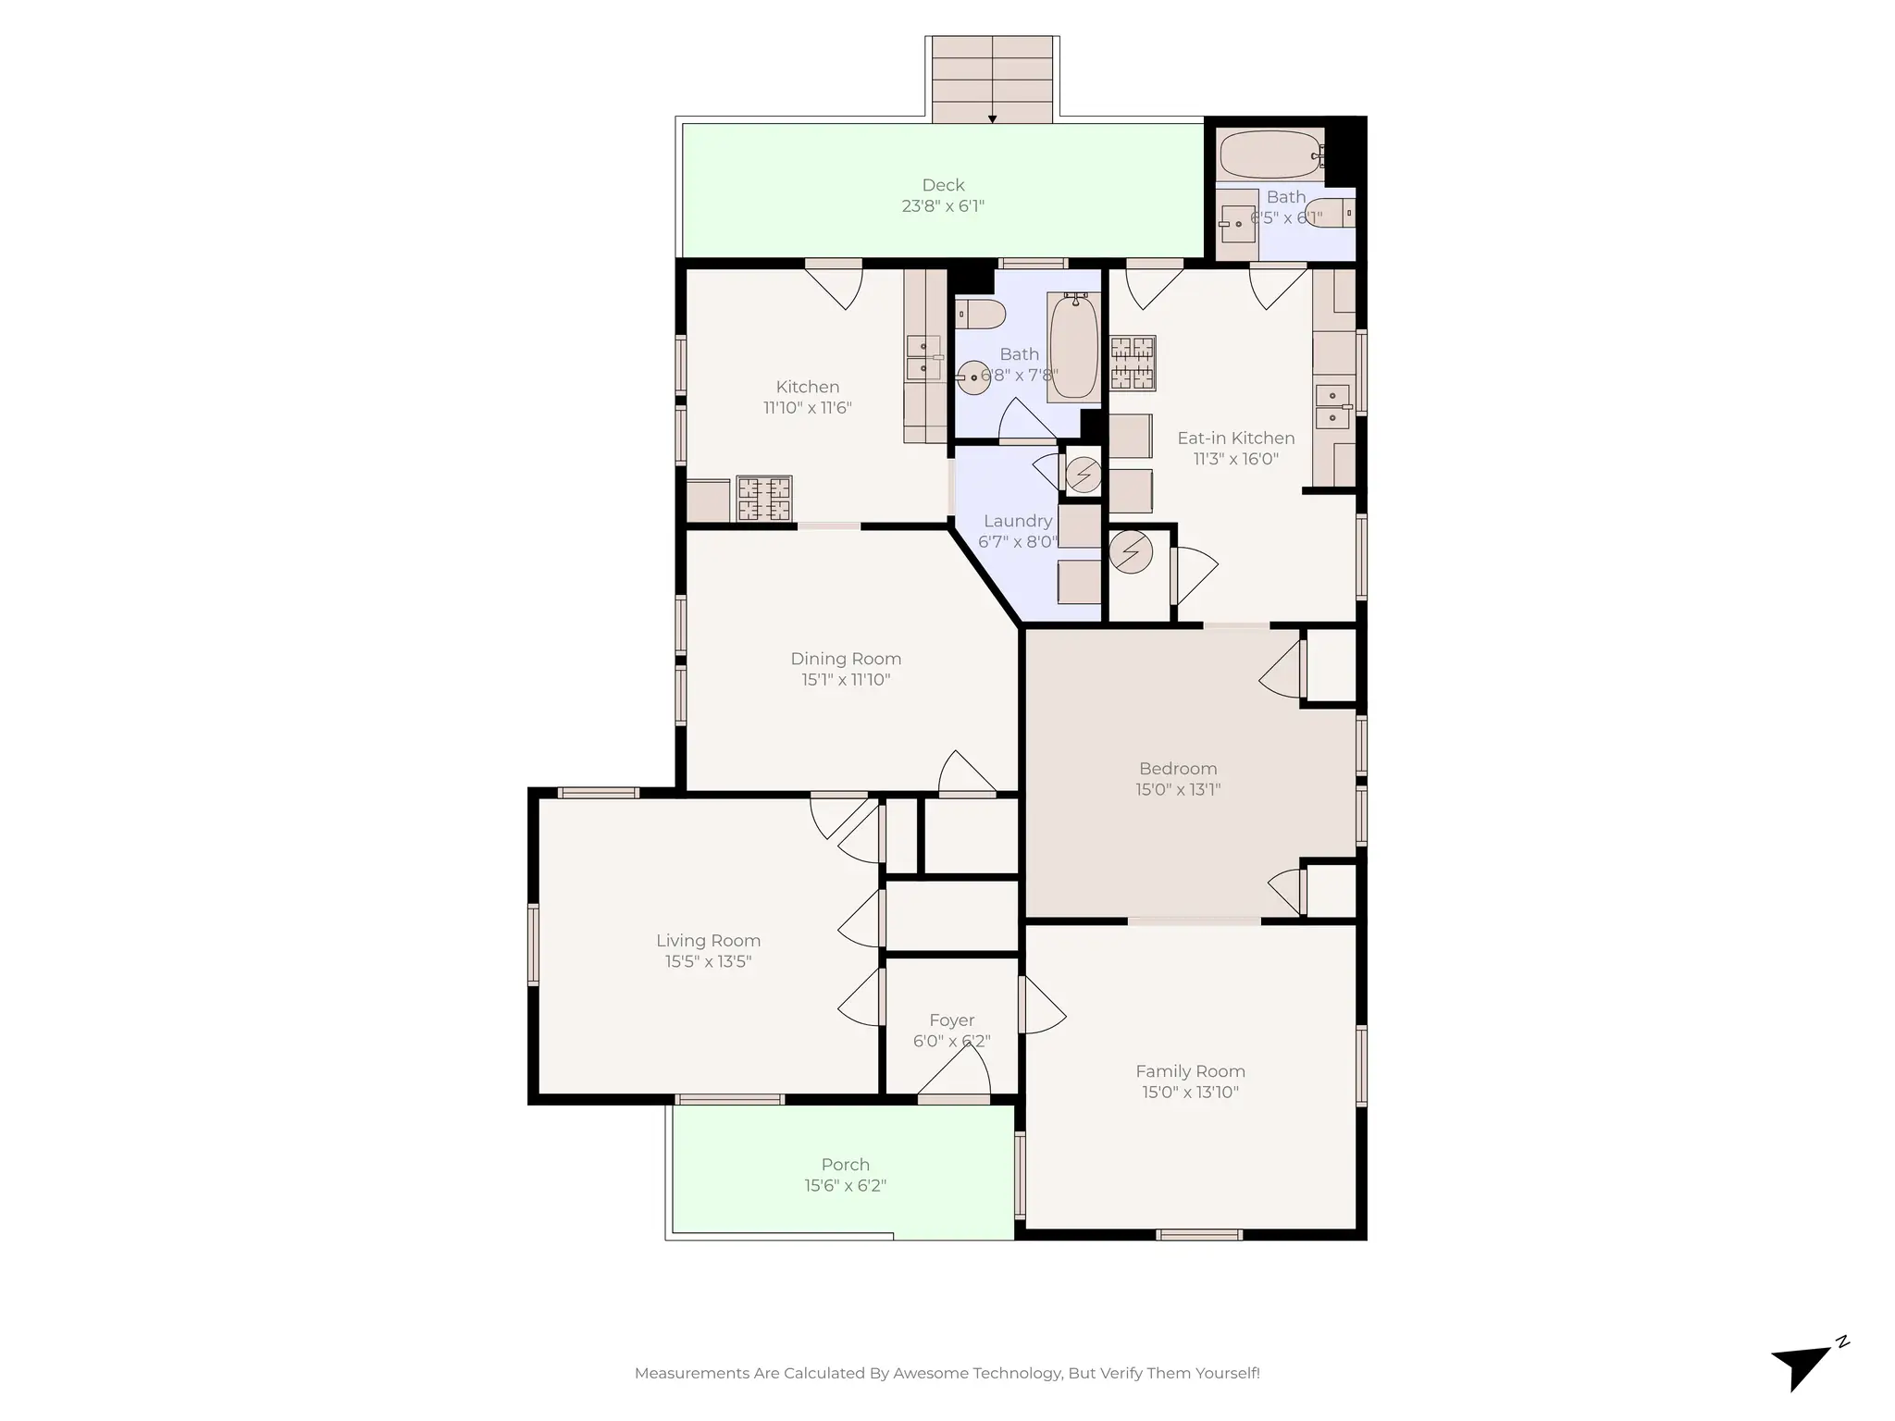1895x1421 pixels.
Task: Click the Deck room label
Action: (x=943, y=185)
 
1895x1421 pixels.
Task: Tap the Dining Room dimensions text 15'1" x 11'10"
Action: (x=845, y=680)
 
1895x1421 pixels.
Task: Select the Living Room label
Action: (x=708, y=940)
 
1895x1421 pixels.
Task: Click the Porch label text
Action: (x=845, y=1165)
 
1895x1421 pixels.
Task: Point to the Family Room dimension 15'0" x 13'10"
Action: (x=1190, y=1093)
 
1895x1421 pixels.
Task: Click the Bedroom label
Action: (x=1177, y=769)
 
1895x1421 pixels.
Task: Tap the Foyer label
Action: (x=951, y=1020)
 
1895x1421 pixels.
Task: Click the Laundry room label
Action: (x=1018, y=521)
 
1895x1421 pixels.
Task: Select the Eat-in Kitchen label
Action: (x=1235, y=438)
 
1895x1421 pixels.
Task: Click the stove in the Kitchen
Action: (x=764, y=499)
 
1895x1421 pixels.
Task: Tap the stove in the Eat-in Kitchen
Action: (x=1133, y=362)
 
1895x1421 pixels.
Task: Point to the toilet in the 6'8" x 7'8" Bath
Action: (x=980, y=315)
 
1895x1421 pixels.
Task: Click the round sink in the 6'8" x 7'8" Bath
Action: (x=972, y=377)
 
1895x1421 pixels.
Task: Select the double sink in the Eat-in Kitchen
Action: (x=1332, y=407)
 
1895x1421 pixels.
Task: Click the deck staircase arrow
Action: (x=992, y=117)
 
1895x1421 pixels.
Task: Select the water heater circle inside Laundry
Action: (x=1084, y=476)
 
